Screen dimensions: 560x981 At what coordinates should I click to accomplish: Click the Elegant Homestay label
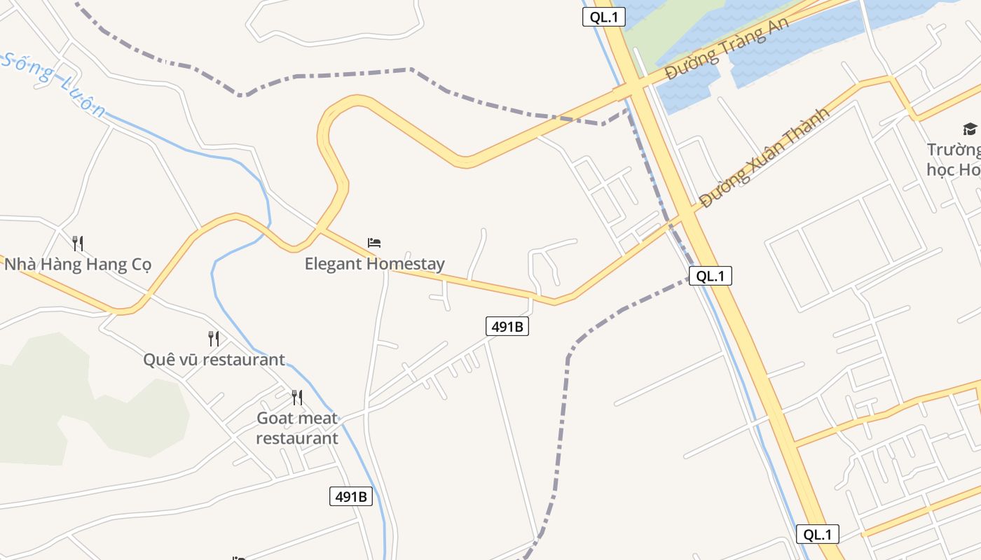point(374,264)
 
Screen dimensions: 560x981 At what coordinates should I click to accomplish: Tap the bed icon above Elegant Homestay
point(374,243)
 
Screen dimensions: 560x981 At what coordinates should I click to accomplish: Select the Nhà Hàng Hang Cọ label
point(78,265)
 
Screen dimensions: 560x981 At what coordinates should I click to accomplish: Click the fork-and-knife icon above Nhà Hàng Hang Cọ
point(78,244)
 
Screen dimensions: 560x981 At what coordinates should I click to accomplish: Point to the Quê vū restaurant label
point(214,360)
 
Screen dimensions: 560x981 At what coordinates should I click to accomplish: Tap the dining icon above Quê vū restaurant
point(214,339)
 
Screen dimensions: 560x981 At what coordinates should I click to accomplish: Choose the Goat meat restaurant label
point(297,428)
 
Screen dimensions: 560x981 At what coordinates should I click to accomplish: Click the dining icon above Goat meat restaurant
point(297,398)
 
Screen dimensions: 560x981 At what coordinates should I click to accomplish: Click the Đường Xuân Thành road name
point(764,157)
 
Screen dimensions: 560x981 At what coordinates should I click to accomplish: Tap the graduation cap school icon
point(970,129)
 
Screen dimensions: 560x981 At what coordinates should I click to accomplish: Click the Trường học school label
point(953,160)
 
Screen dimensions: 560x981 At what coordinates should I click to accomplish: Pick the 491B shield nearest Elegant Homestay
point(507,326)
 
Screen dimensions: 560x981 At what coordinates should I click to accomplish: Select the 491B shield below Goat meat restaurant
point(350,496)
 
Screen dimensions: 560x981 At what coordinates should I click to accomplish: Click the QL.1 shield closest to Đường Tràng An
point(603,17)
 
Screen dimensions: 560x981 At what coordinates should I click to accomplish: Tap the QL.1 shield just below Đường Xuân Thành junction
point(710,276)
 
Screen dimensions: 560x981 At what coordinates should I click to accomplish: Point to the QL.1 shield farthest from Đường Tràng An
point(817,534)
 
